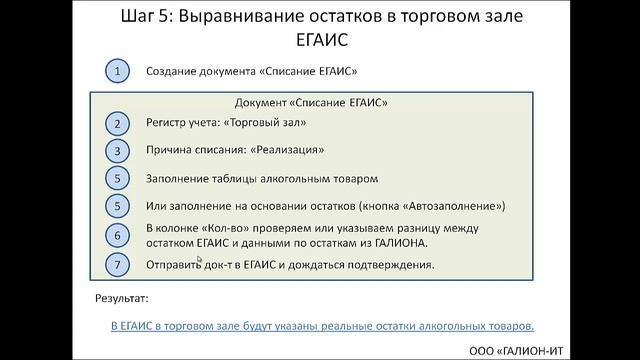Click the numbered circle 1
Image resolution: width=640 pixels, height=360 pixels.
click(x=118, y=71)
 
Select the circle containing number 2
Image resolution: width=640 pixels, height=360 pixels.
click(x=118, y=123)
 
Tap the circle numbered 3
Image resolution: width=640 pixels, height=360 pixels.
click(x=118, y=151)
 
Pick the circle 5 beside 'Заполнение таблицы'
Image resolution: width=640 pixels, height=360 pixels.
click(x=118, y=179)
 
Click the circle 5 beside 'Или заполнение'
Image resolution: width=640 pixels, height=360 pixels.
click(x=118, y=206)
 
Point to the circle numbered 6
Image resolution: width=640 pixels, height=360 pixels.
click(x=118, y=236)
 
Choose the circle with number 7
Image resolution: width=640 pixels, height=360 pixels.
click(x=118, y=265)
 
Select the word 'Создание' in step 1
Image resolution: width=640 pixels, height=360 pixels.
click(x=172, y=72)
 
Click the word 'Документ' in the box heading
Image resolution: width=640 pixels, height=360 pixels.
click(x=266, y=102)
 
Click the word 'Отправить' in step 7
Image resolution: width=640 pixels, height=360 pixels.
click(x=174, y=265)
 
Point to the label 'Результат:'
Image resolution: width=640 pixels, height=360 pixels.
click(x=121, y=298)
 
